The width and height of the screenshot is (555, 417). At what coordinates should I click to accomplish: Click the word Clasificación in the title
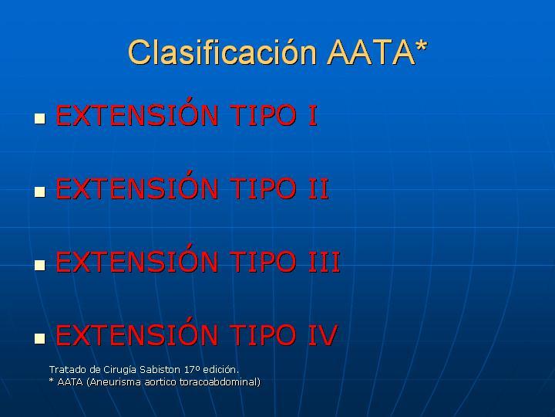tap(222, 53)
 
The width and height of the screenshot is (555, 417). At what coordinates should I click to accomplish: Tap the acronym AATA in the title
tap(371, 53)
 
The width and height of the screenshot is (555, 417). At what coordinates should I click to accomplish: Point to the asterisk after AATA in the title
tap(422, 46)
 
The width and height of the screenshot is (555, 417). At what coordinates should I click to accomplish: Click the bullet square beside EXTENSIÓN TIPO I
tap(40, 118)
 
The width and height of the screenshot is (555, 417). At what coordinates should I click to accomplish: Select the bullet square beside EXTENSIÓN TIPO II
tap(40, 192)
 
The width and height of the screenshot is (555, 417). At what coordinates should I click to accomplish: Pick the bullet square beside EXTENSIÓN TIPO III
tap(40, 265)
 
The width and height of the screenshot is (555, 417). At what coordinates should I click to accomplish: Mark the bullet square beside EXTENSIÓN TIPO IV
tap(40, 338)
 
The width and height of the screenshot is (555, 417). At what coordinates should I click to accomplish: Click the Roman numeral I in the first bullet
tap(313, 116)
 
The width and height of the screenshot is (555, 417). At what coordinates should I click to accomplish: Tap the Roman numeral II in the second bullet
tap(319, 189)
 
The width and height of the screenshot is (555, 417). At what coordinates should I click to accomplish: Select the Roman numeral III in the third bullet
tap(325, 263)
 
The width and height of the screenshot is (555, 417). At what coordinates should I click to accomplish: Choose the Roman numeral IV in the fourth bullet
tap(323, 335)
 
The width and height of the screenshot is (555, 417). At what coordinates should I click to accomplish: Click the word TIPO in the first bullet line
tap(263, 116)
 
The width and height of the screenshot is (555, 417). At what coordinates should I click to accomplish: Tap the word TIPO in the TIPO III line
tap(263, 263)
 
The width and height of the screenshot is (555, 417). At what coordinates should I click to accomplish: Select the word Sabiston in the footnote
tap(160, 370)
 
